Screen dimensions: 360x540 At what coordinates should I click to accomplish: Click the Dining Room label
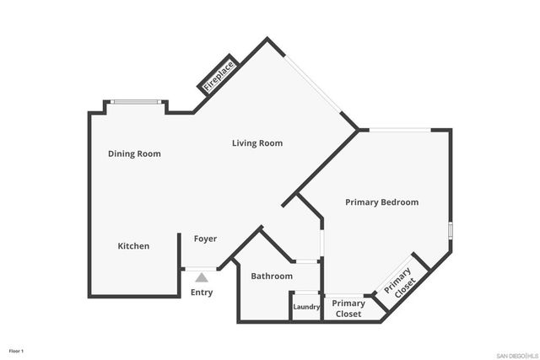click(x=134, y=154)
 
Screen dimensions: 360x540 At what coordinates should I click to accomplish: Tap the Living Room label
click(x=257, y=143)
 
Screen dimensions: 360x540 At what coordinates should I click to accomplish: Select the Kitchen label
click(x=133, y=246)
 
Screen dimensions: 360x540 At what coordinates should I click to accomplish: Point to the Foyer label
click(x=205, y=239)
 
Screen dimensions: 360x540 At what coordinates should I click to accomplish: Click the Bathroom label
click(x=272, y=277)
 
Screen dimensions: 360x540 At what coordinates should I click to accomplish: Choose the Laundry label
click(x=306, y=307)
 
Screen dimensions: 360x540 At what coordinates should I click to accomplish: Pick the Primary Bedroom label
click(x=381, y=202)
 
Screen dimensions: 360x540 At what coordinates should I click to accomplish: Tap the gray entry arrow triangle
click(x=201, y=277)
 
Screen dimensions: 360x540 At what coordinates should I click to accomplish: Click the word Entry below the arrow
click(x=202, y=293)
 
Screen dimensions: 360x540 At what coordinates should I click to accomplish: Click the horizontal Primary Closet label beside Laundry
click(x=348, y=309)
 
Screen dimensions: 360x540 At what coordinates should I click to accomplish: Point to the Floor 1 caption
click(x=17, y=350)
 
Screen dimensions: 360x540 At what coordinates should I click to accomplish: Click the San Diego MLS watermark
click(x=515, y=353)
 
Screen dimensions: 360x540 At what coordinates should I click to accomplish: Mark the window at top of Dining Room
click(x=136, y=103)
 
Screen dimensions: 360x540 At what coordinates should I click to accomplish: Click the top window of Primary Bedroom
click(x=400, y=130)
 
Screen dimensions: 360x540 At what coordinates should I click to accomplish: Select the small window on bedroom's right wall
click(x=451, y=230)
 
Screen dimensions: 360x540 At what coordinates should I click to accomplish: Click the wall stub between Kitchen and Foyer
click(x=179, y=253)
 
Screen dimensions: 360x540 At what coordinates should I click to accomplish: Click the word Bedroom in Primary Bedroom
click(x=399, y=202)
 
